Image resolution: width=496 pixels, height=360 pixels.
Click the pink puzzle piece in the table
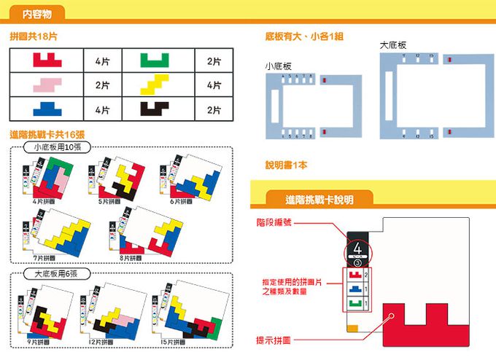pos(46,85)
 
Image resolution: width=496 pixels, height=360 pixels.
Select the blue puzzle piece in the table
pos(46,109)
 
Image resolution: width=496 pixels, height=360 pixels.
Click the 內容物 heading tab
pos(36,13)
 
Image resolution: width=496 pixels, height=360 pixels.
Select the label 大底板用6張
pos(57,274)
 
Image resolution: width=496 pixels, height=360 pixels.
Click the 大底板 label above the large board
pos(393,45)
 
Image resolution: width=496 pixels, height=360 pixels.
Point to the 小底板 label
pos(278,66)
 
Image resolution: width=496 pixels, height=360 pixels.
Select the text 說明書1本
pos(286,165)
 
